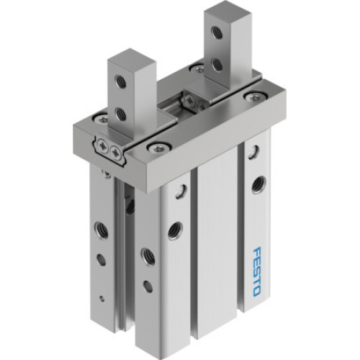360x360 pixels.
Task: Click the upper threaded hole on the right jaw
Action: [216, 32]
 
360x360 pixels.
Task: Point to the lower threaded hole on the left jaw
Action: [121, 114]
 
